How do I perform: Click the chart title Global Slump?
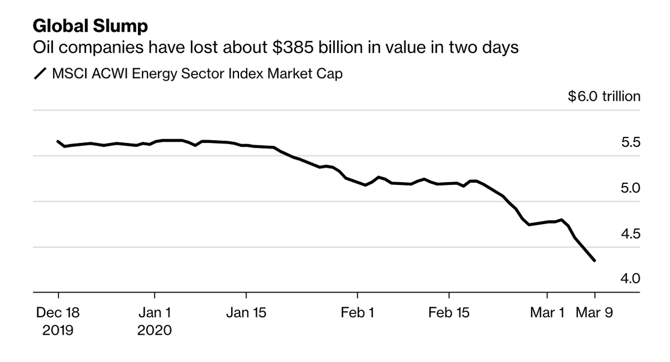click(x=90, y=26)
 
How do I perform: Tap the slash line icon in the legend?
click(x=40, y=74)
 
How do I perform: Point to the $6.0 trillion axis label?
click(x=604, y=97)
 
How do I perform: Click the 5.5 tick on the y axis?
click(x=630, y=142)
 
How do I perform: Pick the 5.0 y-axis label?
click(x=630, y=188)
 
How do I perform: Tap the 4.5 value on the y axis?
click(x=630, y=233)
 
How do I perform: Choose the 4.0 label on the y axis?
click(x=630, y=278)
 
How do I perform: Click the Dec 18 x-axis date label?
click(x=58, y=313)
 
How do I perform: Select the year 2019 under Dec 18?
click(x=58, y=330)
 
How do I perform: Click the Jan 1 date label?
click(x=155, y=313)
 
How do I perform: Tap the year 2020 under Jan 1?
click(x=155, y=330)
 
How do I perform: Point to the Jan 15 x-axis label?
click(x=246, y=313)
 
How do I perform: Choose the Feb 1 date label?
click(x=357, y=313)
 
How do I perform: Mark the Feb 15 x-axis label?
click(x=449, y=313)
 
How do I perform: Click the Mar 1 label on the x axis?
click(x=547, y=313)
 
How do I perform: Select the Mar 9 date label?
click(x=594, y=313)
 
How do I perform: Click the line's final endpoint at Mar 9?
click(x=594, y=260)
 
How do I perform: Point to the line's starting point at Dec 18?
click(x=58, y=141)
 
